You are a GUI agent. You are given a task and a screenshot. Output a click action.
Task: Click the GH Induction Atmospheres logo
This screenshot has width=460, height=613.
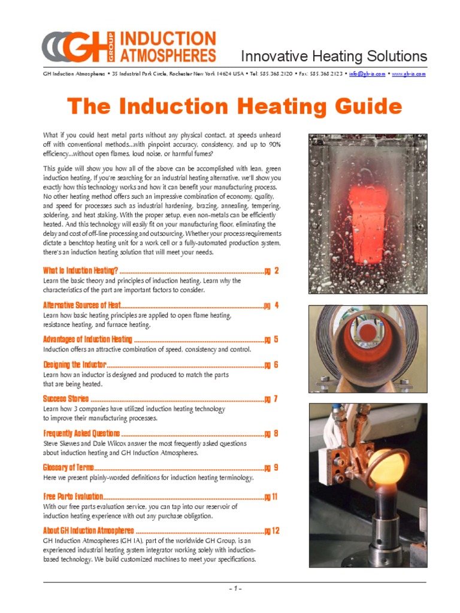coord(129,47)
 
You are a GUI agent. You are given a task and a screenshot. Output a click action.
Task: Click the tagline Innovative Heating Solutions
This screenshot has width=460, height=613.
coord(334,57)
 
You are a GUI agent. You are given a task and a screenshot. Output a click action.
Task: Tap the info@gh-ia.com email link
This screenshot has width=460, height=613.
coord(367,74)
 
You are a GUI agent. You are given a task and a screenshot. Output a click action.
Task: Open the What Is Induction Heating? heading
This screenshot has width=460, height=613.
coord(81,271)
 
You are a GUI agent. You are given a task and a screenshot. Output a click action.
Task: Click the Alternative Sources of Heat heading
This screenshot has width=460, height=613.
coord(82,305)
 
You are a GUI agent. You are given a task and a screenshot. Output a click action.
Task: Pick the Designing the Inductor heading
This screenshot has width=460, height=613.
coord(74,365)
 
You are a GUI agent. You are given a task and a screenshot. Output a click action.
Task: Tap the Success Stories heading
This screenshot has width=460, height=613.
coord(66,399)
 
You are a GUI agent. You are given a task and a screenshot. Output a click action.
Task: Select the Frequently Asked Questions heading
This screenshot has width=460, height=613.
coord(81,433)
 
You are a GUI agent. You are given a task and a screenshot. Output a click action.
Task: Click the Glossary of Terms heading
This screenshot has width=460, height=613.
coord(68,468)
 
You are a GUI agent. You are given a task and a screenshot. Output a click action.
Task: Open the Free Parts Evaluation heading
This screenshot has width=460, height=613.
coord(73,496)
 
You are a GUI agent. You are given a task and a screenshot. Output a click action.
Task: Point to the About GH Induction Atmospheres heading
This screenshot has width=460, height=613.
coord(89,530)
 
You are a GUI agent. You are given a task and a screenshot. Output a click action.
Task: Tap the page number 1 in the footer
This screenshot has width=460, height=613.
coord(235,588)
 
